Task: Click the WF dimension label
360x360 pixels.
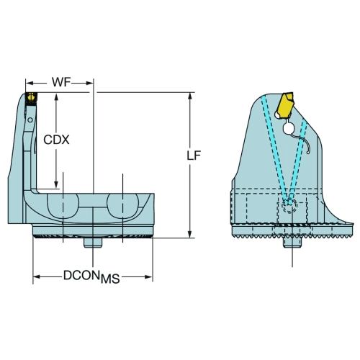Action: click(x=62, y=82)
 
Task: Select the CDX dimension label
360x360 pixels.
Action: click(x=56, y=140)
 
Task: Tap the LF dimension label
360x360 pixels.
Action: click(x=194, y=156)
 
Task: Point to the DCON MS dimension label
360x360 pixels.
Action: click(x=91, y=277)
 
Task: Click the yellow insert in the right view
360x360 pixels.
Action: click(x=285, y=105)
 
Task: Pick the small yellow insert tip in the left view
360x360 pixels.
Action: click(x=31, y=97)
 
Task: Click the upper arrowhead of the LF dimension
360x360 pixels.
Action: click(x=190, y=96)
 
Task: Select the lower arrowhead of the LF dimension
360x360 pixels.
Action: click(x=190, y=234)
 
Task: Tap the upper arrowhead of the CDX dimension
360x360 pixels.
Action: click(x=56, y=97)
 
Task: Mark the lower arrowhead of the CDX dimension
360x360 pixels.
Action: click(x=56, y=185)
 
